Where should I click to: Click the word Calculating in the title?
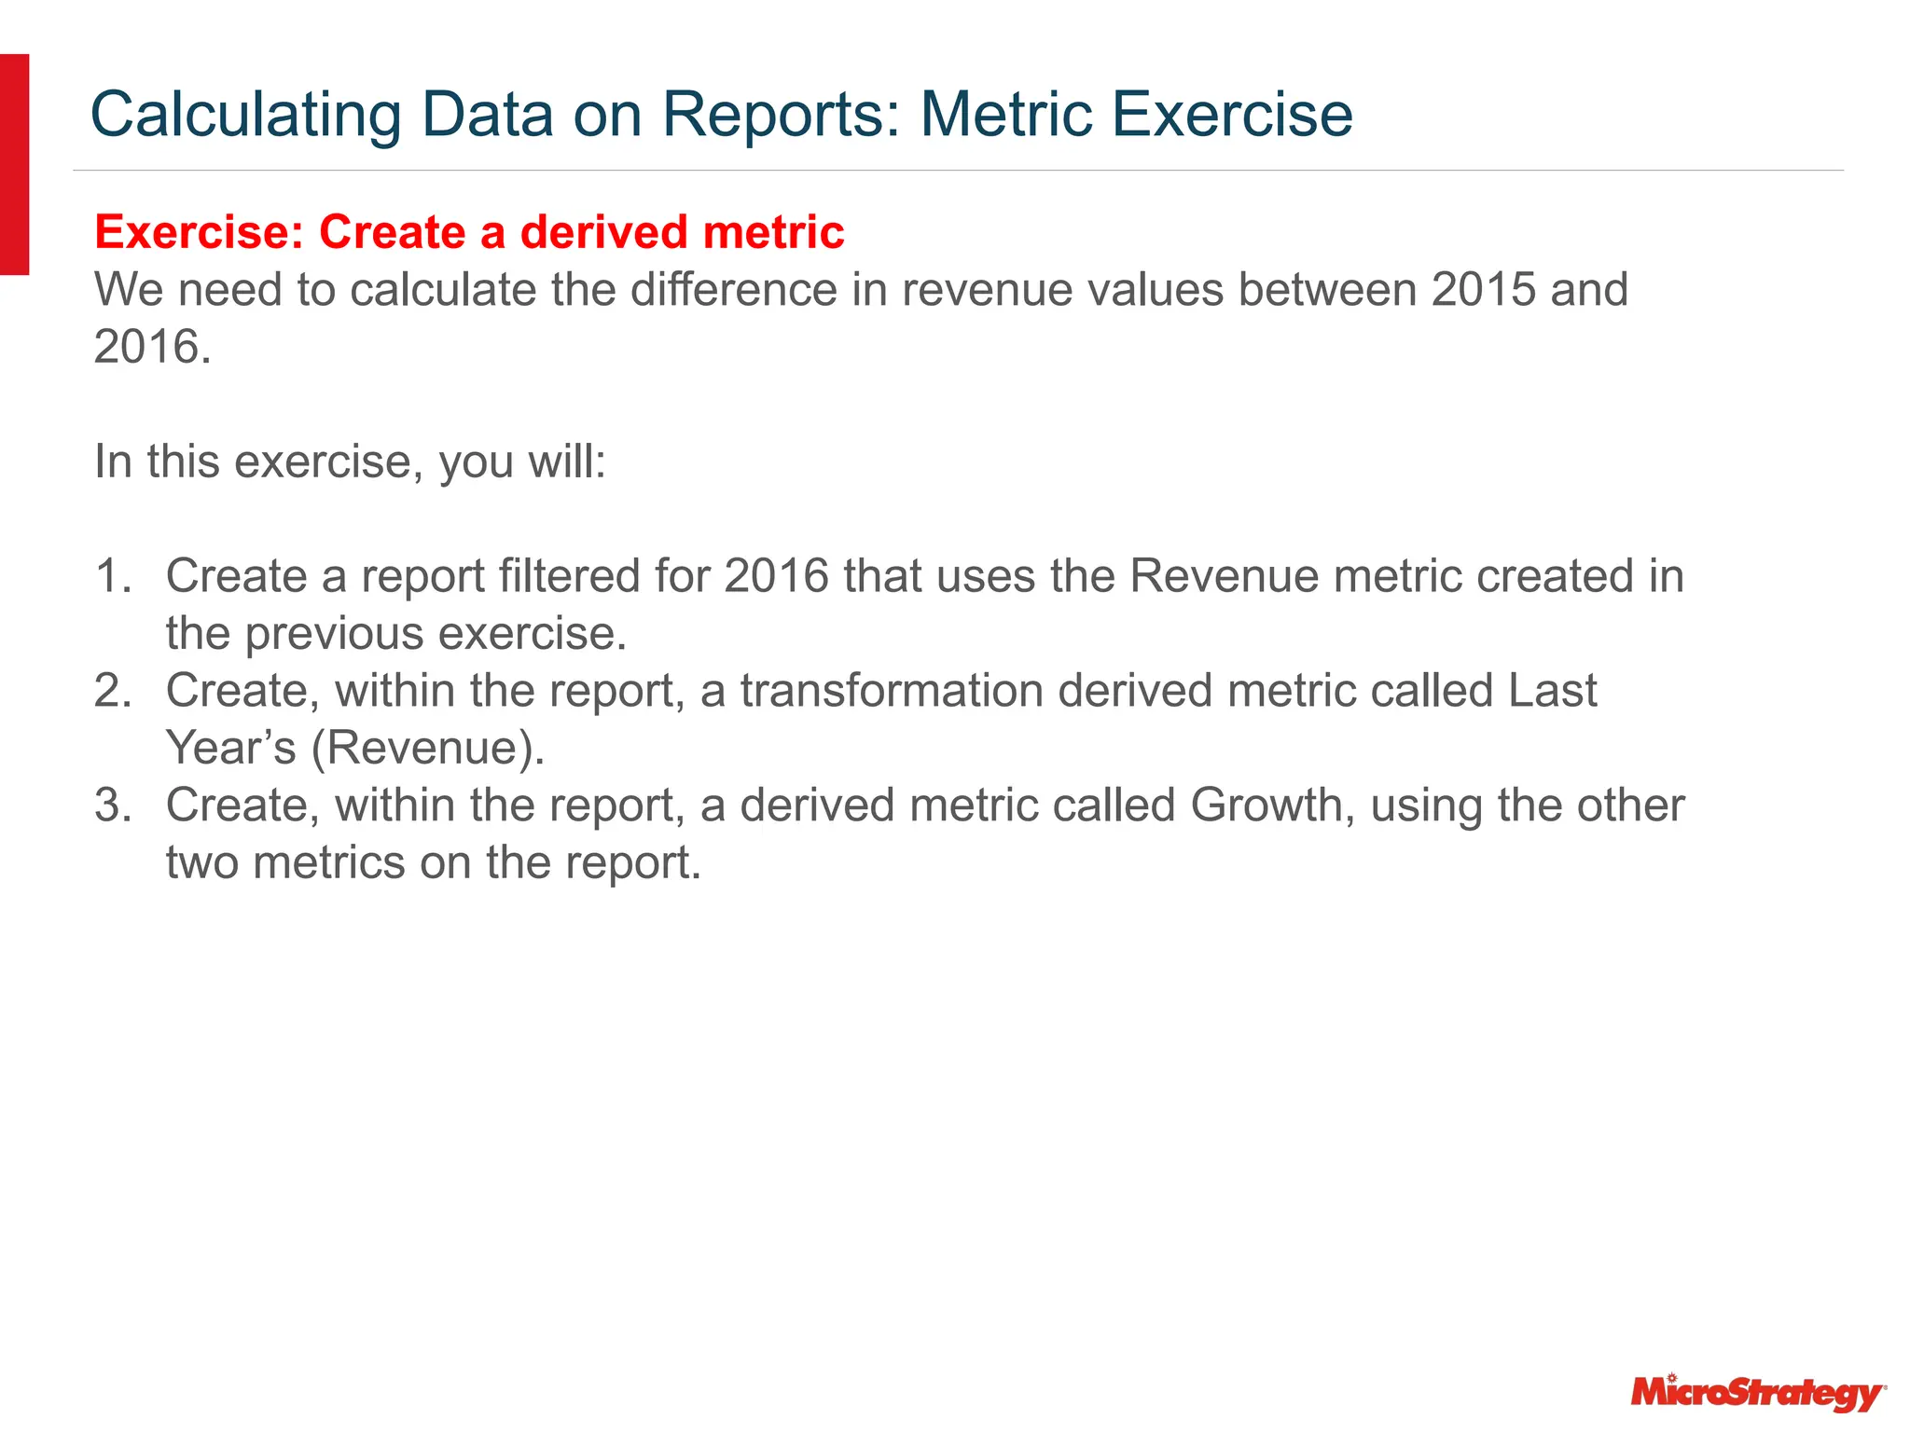click(x=245, y=115)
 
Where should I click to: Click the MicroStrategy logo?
click(x=1758, y=1393)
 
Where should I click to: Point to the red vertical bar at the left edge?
click(x=14, y=164)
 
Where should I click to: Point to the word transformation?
click(x=892, y=691)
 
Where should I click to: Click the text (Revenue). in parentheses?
click(x=428, y=748)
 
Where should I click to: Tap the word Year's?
click(x=230, y=748)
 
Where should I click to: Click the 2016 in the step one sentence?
click(x=776, y=575)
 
